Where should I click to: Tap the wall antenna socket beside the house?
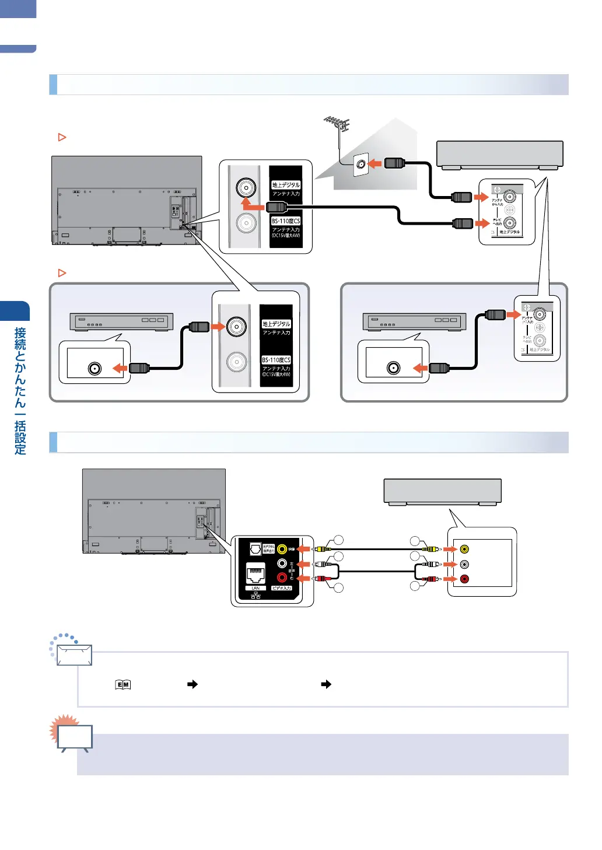pos(361,165)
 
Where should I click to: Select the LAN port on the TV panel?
pos(256,574)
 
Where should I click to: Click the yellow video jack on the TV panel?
pos(282,549)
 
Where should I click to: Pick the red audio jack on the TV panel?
pos(282,578)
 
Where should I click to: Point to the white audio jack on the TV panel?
pos(282,564)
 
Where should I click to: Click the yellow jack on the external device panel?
pos(464,549)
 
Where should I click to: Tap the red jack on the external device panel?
pos(464,579)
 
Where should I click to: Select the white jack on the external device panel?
pos(464,564)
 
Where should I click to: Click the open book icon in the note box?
pos(123,685)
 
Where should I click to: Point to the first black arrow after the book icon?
pos(192,684)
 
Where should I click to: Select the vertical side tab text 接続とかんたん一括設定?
pos(20,390)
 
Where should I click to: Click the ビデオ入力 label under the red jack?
pos(282,588)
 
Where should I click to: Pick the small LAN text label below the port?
pos(256,588)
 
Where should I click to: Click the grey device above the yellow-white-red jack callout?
pos(442,492)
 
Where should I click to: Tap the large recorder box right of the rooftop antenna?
pos(500,155)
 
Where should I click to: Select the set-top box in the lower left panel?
pos(121,321)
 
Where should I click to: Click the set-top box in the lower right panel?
pos(414,321)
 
